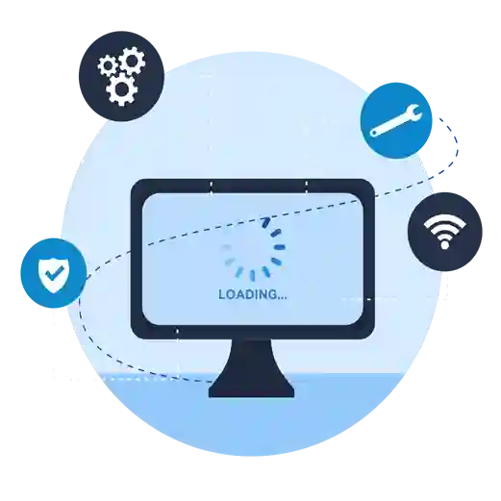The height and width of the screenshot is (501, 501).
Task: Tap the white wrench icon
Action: [396, 120]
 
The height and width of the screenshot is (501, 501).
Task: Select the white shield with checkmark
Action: [53, 274]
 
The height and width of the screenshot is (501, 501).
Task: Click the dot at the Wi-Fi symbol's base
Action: [444, 245]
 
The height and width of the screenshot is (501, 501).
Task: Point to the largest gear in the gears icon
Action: [121, 89]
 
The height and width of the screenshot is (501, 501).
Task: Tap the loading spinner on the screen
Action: [253, 248]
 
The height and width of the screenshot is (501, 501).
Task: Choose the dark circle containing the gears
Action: [121, 76]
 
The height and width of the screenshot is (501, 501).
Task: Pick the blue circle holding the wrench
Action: [396, 120]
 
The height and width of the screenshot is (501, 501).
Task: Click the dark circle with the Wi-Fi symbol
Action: [444, 232]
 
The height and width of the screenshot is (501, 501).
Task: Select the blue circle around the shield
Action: [54, 273]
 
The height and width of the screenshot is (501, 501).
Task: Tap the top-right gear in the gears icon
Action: [133, 61]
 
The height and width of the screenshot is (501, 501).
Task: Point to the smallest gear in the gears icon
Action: [108, 66]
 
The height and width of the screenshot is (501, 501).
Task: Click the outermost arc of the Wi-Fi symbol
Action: [444, 221]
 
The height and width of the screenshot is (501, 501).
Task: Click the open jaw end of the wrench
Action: [414, 113]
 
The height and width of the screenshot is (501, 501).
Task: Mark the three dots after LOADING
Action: [282, 298]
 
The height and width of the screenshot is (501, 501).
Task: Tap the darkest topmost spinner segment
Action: [265, 222]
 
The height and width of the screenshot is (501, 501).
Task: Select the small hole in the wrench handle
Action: [373, 133]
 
